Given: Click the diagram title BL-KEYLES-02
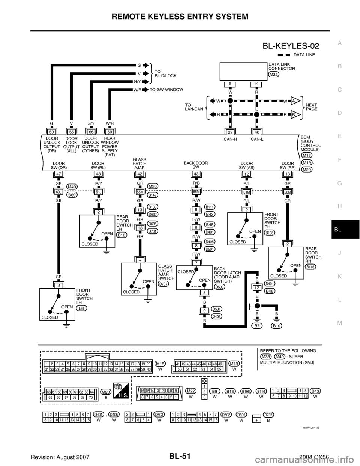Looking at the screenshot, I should click(291, 46).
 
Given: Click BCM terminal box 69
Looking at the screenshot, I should click(109, 132).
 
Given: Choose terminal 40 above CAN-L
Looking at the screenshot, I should click(256, 132).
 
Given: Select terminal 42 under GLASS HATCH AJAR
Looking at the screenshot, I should click(139, 174).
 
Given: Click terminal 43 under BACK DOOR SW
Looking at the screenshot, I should click(196, 174).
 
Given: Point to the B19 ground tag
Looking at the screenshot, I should click(277, 326).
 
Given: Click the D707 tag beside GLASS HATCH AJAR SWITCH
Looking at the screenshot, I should click(163, 284).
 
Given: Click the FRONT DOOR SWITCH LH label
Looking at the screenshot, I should click(84, 295).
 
